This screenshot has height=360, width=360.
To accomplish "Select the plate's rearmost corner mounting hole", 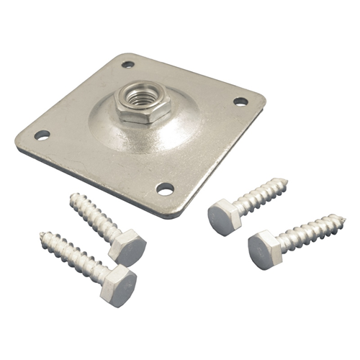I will (x=127, y=64).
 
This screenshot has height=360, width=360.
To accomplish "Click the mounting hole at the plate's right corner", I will (x=240, y=102).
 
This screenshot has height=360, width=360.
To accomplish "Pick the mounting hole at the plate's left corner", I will (x=42, y=135).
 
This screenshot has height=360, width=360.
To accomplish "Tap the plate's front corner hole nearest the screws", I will (x=165, y=189).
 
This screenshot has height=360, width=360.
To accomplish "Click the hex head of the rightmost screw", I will (x=264, y=249).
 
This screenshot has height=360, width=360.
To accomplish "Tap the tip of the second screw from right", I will (x=286, y=181).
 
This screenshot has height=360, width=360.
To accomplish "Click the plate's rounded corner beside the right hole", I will (x=259, y=100).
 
